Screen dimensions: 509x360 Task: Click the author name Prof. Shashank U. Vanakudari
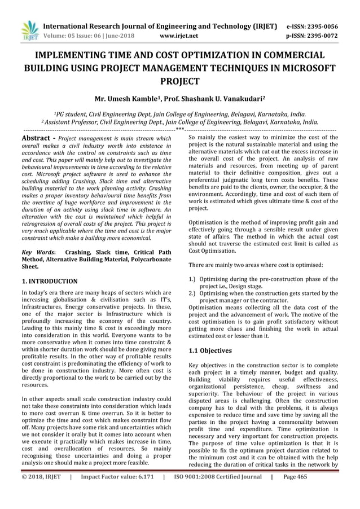[x=214, y=97]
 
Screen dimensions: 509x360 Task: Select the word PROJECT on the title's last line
[x=180, y=81]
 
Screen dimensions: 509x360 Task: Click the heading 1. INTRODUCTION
[x=49, y=280]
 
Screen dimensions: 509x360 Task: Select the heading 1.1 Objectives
[x=209, y=350]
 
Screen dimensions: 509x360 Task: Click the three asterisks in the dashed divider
[x=179, y=129]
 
